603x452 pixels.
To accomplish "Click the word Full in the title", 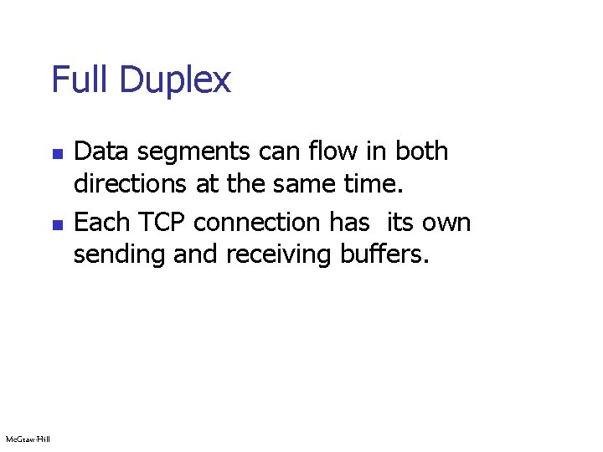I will click(x=81, y=80).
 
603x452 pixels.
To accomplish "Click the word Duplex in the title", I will click(x=175, y=81).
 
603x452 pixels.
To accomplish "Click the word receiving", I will click(x=281, y=254).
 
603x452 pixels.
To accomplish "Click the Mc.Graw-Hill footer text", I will click(x=28, y=439).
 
